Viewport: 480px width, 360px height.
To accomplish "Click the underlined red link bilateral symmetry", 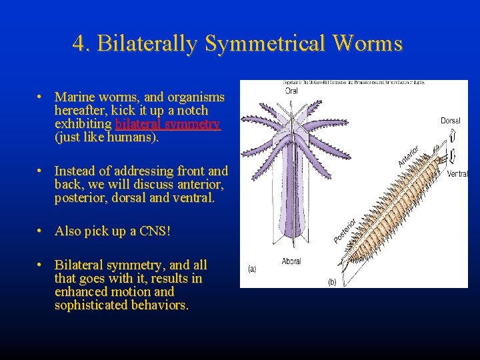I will pos(167,125).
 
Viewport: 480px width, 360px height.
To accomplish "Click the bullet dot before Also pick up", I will pos(41,231).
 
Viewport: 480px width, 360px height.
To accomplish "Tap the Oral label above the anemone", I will pos(291,91).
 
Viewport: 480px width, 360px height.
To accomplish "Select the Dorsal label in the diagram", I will pos(450,121).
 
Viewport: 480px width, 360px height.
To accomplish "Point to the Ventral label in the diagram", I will pos(457,174).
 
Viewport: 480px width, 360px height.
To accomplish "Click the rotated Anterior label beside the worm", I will pos(408,157).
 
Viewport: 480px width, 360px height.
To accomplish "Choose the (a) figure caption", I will pos(251,269).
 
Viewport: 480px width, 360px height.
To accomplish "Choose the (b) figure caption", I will pos(331,282).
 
